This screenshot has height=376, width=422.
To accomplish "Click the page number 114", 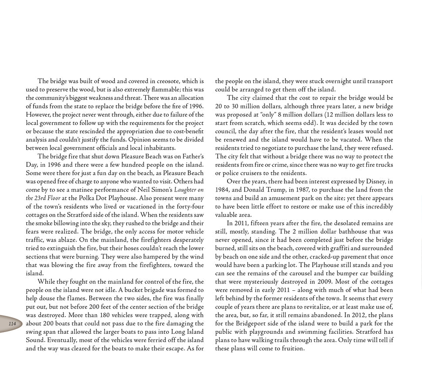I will click(x=12, y=324).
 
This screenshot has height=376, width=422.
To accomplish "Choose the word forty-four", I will click(x=188, y=206).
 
